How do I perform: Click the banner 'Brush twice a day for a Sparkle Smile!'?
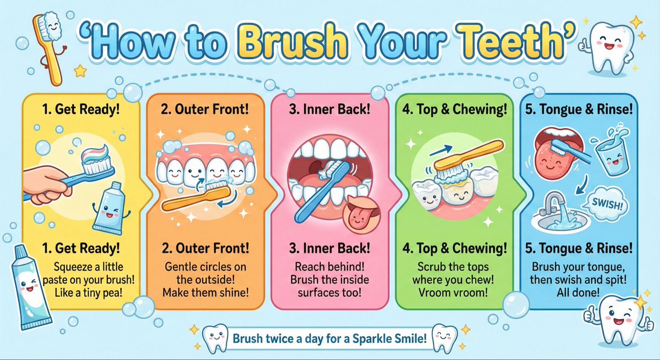coord(329,339)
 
